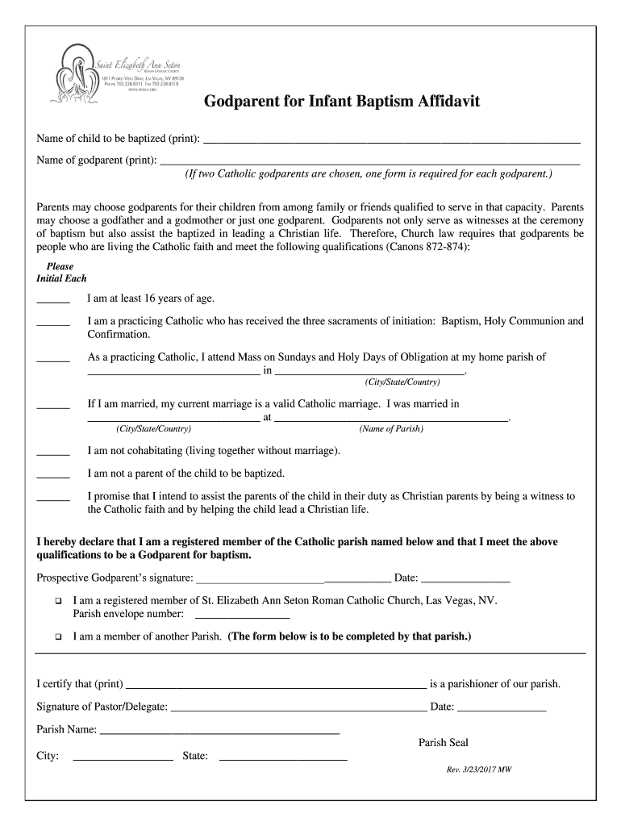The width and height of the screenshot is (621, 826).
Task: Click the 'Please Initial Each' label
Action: [61, 273]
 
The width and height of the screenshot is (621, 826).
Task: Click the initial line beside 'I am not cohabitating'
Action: [53, 453]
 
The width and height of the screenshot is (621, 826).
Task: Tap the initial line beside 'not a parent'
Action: [53, 476]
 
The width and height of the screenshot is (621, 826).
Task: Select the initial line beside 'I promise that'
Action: [53, 499]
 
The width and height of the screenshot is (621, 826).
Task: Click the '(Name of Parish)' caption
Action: [391, 429]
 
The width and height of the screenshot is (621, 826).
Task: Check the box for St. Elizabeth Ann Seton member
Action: [58, 602]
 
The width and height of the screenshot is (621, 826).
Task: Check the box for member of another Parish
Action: [58, 637]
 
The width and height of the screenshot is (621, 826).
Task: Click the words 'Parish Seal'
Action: [443, 743]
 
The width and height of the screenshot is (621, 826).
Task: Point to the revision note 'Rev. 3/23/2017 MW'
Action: [479, 770]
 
